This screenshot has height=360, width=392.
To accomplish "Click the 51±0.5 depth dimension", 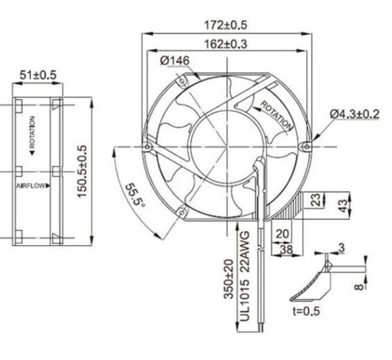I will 38,76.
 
